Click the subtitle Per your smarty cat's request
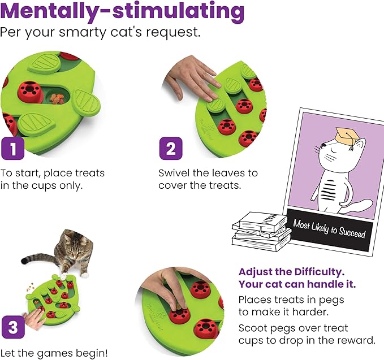[x=100, y=32]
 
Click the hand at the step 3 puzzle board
[x=35, y=319]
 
